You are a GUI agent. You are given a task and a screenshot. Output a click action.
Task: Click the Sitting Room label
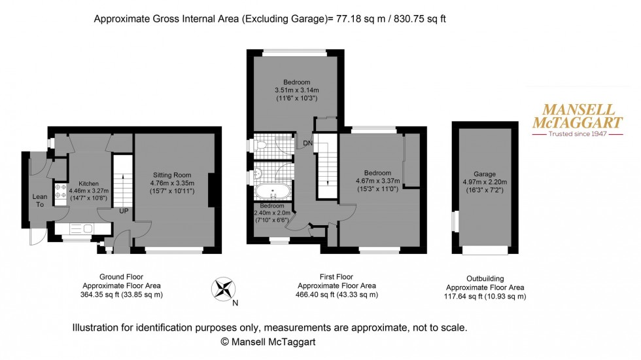pyautogui.click(x=172, y=175)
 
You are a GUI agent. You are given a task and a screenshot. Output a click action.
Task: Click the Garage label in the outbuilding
pyautogui.click(x=485, y=165)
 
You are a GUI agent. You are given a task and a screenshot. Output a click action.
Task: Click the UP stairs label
pyautogui.click(x=123, y=211)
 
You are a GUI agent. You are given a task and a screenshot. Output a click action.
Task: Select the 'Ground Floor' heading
pyautogui.click(x=122, y=277)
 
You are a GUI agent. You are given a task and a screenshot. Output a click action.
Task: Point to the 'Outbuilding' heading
pyautogui.click(x=485, y=278)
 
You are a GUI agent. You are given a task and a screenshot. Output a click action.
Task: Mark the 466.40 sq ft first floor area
pyautogui.click(x=319, y=295)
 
